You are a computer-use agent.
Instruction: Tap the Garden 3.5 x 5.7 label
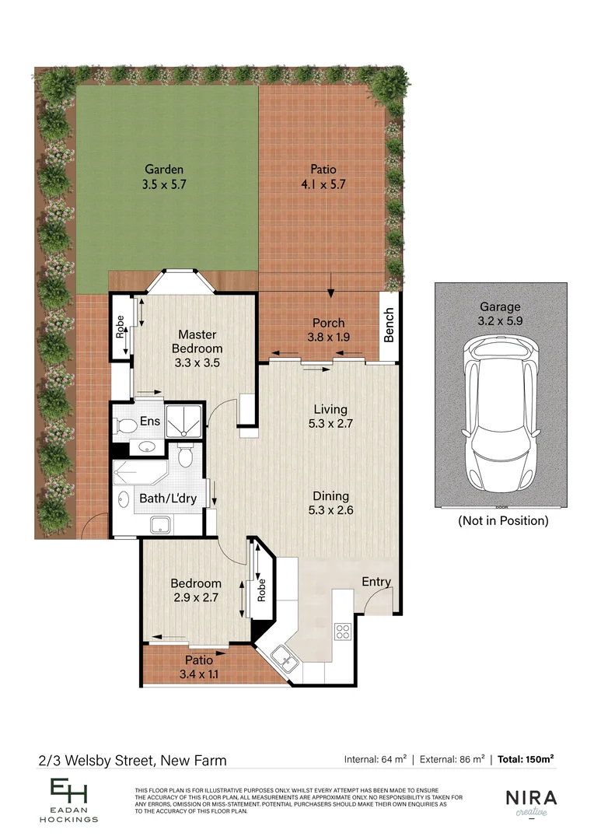tap(164, 177)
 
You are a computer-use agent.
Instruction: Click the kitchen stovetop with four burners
tap(342, 631)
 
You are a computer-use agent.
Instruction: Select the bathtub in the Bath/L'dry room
tap(137, 472)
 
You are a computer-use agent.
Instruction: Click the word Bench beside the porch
tap(390, 325)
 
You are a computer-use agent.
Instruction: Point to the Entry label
tap(376, 582)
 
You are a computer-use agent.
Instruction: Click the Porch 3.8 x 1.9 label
tap(328, 330)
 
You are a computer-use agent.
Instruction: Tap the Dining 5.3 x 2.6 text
tap(330, 503)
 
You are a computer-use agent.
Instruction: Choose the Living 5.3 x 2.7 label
tap(330, 416)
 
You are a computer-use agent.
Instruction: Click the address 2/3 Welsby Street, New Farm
tap(132, 760)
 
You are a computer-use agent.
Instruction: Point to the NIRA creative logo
tap(532, 801)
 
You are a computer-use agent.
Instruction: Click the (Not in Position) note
tap(502, 521)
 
